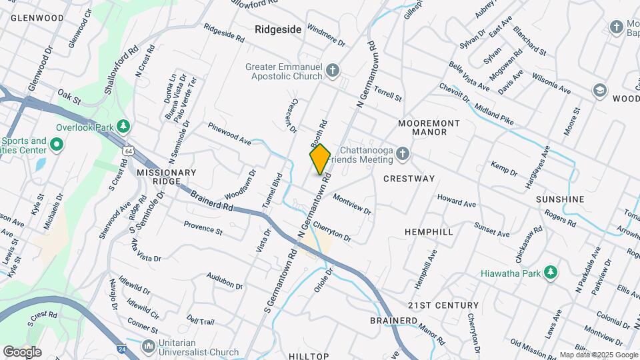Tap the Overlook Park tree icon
click(x=123, y=125)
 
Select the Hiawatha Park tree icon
click(x=550, y=272)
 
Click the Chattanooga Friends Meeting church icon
click(x=401, y=155)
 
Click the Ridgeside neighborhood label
click(x=279, y=29)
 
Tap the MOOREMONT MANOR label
click(x=429, y=128)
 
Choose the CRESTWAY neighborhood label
click(x=409, y=179)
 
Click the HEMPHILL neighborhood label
click(x=429, y=231)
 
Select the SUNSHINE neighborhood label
click(x=560, y=199)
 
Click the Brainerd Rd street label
click(x=211, y=200)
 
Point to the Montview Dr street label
click(x=351, y=203)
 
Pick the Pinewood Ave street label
click(x=229, y=133)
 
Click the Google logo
click(x=22, y=351)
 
